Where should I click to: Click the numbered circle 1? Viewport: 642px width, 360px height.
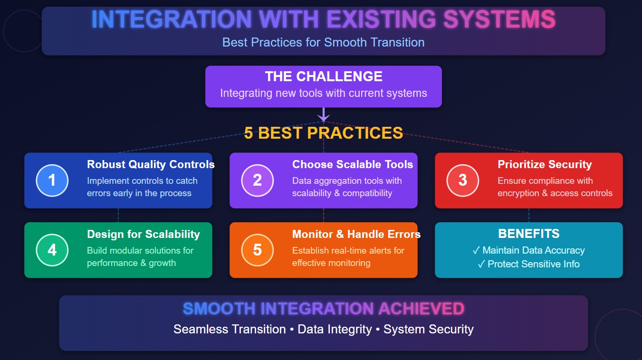(52, 180)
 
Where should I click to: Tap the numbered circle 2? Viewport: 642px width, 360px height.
(258, 180)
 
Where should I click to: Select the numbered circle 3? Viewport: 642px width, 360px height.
(463, 180)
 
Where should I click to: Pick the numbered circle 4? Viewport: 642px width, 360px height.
(52, 250)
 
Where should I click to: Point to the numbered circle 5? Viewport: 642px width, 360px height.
(258, 250)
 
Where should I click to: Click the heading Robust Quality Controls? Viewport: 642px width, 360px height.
(151, 165)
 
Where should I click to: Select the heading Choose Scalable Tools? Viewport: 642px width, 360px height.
(352, 165)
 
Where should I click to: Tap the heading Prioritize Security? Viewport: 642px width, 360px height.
(545, 165)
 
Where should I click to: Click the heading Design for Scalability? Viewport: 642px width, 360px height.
(143, 234)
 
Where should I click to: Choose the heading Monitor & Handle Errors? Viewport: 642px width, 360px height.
(356, 234)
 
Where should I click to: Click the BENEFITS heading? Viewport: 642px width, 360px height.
(528, 234)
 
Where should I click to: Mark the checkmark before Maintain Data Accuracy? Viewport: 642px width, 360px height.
(476, 250)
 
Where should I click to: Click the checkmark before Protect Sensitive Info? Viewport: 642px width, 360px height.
(481, 264)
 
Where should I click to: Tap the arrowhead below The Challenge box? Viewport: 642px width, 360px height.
(324, 117)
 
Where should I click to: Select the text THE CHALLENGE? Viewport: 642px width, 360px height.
(324, 76)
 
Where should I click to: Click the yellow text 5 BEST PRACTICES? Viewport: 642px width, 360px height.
(324, 133)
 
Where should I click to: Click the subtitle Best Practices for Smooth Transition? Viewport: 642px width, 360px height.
(324, 42)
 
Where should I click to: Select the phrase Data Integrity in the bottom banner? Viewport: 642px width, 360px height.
(335, 329)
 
